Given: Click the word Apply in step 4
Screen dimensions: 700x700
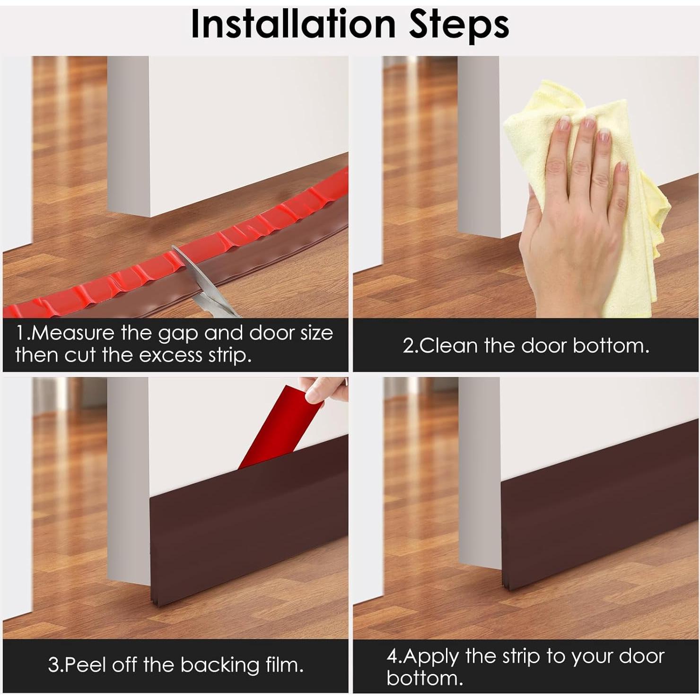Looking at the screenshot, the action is click(x=430, y=657).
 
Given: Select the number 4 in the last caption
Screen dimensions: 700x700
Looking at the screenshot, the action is click(x=392, y=656).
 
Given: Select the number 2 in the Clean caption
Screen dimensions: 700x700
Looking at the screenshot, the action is click(x=408, y=346).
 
